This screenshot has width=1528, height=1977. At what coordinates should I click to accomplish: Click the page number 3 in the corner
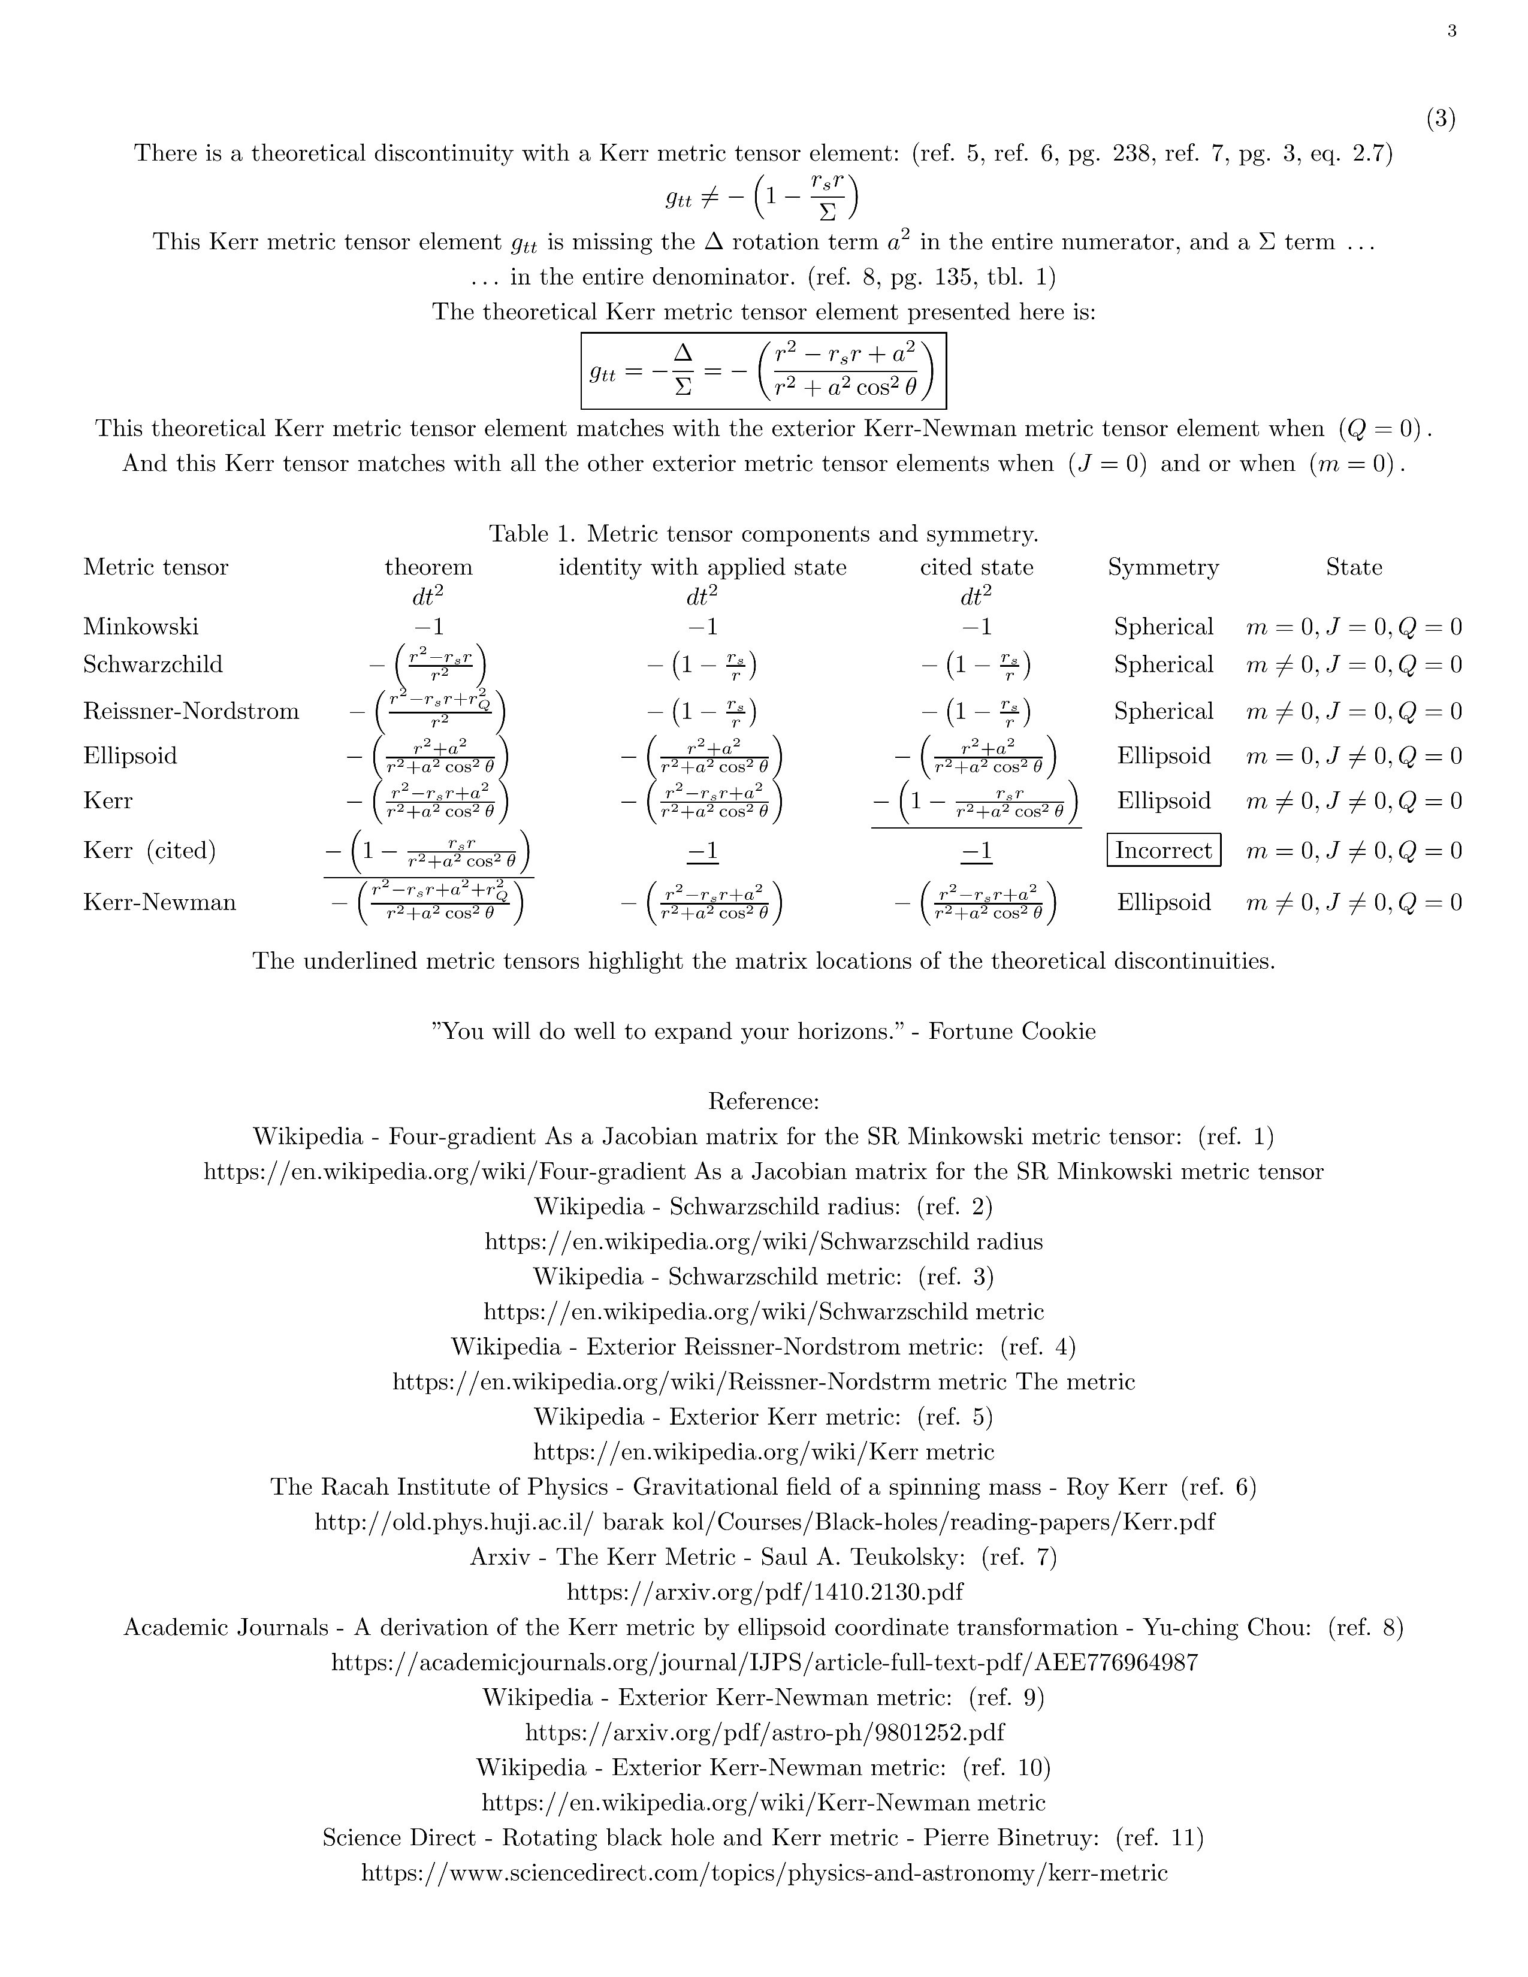click(x=1452, y=32)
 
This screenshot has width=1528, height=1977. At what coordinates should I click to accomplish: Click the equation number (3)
click(x=1441, y=119)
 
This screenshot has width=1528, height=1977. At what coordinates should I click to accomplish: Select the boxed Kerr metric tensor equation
click(x=763, y=371)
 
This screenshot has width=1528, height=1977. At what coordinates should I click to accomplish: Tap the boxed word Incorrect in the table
click(x=1163, y=850)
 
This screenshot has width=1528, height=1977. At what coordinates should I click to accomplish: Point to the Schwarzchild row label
click(x=152, y=664)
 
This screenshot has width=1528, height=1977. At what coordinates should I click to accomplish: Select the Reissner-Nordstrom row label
click(x=191, y=711)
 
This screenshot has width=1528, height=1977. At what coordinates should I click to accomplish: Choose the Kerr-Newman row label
click(x=159, y=902)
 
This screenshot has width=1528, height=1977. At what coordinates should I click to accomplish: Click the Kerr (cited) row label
click(x=149, y=850)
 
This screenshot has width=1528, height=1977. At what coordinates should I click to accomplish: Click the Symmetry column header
click(x=1163, y=567)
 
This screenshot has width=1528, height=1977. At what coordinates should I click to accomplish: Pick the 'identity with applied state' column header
click(x=702, y=567)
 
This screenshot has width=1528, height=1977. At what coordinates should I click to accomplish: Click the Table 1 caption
click(x=763, y=533)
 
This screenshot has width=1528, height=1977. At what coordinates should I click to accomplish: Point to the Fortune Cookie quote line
click(x=763, y=1031)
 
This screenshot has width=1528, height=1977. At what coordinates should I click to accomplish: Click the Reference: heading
click(x=763, y=1102)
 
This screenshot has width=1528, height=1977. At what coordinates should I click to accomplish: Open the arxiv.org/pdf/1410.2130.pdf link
click(x=764, y=1591)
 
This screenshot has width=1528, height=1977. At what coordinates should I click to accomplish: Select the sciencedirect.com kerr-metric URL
click(x=764, y=1873)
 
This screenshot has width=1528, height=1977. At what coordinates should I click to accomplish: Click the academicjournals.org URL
click(x=764, y=1662)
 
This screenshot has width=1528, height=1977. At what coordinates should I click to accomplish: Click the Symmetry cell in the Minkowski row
click(x=1163, y=627)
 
